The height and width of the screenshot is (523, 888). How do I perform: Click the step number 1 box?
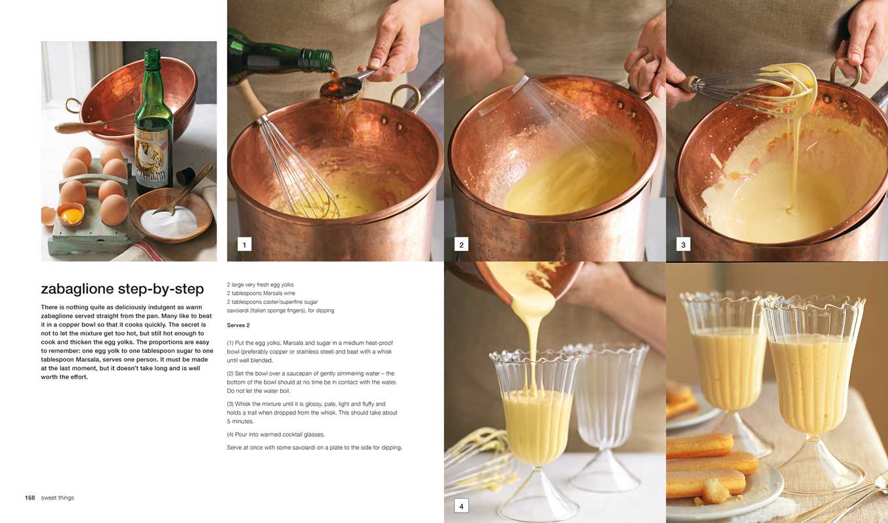(x=244, y=245)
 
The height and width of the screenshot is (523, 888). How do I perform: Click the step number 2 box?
(x=461, y=245)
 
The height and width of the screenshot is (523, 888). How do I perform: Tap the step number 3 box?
(x=683, y=245)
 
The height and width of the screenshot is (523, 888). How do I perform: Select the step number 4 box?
(x=461, y=506)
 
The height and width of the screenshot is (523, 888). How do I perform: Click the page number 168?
(x=30, y=498)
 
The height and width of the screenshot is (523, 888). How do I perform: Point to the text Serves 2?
(x=238, y=326)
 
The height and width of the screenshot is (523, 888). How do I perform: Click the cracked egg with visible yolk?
(x=70, y=213)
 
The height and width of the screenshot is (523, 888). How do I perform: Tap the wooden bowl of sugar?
(x=170, y=216)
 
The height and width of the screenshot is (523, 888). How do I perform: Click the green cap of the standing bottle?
(x=152, y=59)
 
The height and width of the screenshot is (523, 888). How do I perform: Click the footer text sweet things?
(x=57, y=498)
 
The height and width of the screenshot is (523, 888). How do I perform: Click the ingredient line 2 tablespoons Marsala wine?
(x=261, y=294)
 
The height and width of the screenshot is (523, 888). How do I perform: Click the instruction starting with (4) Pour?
(x=276, y=435)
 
